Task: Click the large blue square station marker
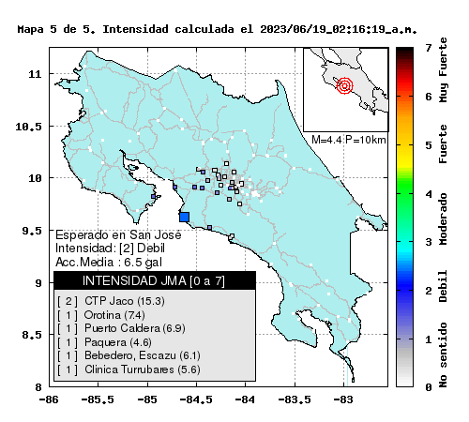(x=185, y=217)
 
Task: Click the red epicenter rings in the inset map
(x=345, y=85)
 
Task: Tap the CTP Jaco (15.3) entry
(x=112, y=301)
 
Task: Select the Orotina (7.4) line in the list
(x=101, y=315)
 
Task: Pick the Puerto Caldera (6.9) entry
(x=122, y=328)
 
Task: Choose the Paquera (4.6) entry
(x=105, y=342)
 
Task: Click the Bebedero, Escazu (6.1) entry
(x=129, y=355)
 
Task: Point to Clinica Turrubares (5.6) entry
(x=129, y=369)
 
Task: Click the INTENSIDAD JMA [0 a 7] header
(x=154, y=281)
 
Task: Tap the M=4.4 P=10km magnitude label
(x=349, y=140)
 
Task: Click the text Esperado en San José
(x=118, y=234)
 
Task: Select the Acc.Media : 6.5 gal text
(x=109, y=263)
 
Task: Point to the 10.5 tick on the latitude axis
(x=28, y=127)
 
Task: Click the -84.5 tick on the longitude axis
(x=196, y=399)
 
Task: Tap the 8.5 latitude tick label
(x=32, y=335)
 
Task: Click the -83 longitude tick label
(x=343, y=399)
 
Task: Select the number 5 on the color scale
(x=429, y=145)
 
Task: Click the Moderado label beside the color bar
(x=443, y=219)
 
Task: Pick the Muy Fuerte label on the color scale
(x=443, y=69)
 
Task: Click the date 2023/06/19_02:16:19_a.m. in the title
(x=339, y=29)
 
